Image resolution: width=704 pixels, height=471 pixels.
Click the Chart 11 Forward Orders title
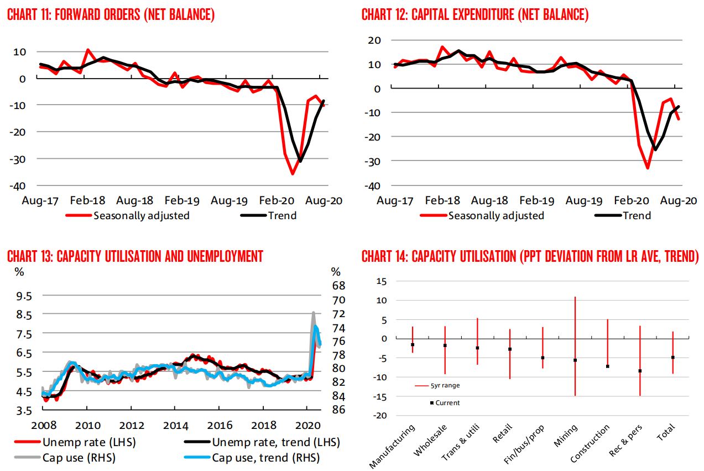111,15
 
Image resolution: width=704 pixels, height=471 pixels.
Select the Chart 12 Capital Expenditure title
475,15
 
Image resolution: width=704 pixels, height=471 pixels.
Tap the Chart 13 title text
135,256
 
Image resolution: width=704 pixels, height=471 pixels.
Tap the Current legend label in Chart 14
447,403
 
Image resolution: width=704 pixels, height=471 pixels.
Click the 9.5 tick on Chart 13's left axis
24,296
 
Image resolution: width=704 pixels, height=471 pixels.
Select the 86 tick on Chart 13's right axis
337,410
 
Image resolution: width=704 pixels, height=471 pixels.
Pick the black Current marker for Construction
607,366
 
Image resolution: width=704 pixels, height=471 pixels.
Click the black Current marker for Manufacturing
413,345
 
